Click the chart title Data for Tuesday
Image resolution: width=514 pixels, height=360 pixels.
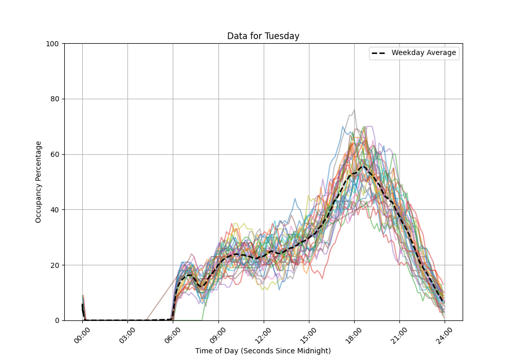pyautogui.click(x=263, y=36)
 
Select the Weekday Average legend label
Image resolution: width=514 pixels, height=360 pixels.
pyautogui.click(x=424, y=53)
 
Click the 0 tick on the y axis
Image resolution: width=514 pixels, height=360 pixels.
pyautogui.click(x=58, y=320)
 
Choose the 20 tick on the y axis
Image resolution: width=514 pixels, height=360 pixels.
pyautogui.click(x=56, y=265)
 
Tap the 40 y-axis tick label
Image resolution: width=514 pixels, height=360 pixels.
pyautogui.click(x=56, y=210)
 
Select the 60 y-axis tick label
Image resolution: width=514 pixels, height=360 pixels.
pyautogui.click(x=56, y=154)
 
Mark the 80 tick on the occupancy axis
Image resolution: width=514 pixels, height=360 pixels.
pyautogui.click(x=56, y=99)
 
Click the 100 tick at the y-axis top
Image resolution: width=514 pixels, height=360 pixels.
pyautogui.click(x=53, y=44)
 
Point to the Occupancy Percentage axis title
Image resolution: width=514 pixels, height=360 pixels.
pyautogui.click(x=39, y=182)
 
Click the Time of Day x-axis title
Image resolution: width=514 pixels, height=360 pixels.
pyautogui.click(x=263, y=351)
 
